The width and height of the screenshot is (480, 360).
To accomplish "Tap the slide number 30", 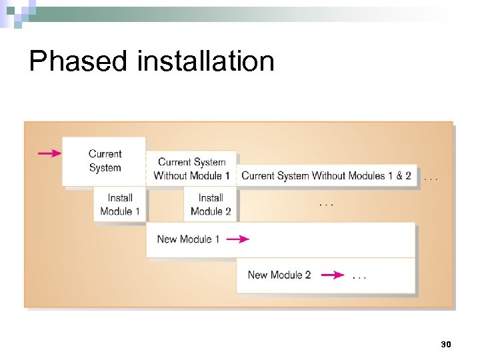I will [446, 344].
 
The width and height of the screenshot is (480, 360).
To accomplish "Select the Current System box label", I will [105, 161].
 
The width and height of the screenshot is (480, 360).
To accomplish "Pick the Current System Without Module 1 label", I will [191, 169].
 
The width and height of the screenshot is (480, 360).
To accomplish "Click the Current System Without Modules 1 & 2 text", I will [326, 176].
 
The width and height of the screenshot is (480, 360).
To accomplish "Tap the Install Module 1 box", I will [120, 204].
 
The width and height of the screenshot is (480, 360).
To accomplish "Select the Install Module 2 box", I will [211, 204].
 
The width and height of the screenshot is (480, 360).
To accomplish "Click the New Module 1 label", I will [188, 239].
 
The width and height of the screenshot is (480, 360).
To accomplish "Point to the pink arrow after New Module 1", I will [237, 239].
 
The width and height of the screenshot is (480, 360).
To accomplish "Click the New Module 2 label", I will [279, 275].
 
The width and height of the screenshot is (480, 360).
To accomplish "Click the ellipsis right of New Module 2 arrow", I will [359, 276].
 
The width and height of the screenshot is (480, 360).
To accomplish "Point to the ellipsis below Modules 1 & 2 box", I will [326, 203].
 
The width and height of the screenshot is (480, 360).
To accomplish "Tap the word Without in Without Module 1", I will [170, 176].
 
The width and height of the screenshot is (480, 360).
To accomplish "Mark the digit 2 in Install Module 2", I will [228, 211].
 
